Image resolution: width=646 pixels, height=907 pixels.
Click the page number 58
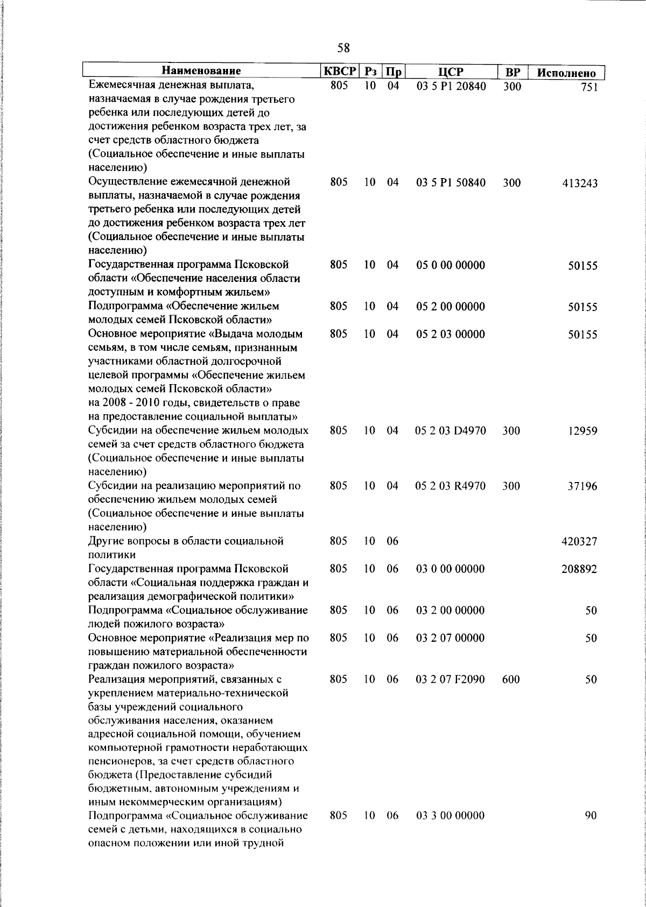(343, 48)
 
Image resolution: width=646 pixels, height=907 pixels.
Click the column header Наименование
(202, 72)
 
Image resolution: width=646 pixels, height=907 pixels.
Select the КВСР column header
(340, 72)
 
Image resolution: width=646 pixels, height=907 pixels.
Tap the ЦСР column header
(451, 72)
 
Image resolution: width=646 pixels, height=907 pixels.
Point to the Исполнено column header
(567, 73)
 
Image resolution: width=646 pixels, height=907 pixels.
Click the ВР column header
(512, 72)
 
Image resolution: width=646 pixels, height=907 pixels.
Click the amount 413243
(580, 183)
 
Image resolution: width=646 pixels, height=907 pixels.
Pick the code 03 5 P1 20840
(451, 86)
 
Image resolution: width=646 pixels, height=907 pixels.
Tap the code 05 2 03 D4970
(451, 430)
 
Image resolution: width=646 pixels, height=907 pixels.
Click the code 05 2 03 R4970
(451, 486)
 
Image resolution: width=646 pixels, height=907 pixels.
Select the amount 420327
(579, 542)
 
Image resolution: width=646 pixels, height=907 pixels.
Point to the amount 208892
(579, 569)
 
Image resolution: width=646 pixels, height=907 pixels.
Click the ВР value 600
(511, 679)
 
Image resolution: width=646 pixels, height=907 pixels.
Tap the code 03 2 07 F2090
(451, 679)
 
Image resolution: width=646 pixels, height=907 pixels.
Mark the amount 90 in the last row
(591, 816)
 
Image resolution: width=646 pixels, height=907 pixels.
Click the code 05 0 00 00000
(451, 265)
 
